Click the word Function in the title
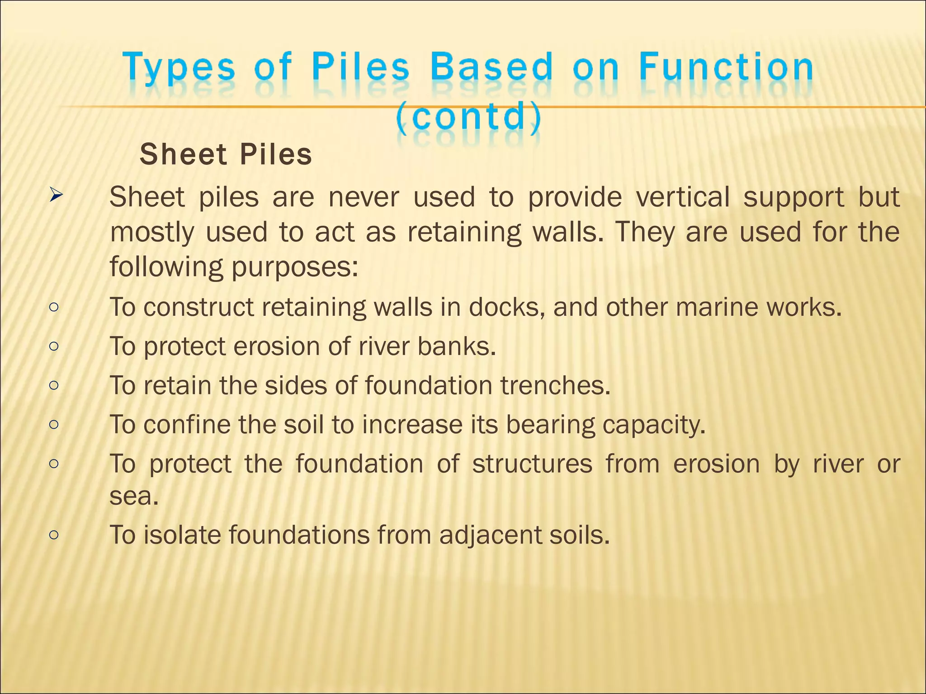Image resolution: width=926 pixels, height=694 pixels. (726, 67)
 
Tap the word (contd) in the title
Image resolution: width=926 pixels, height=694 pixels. (468, 116)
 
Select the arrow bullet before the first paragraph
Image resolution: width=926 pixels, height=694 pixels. (56, 196)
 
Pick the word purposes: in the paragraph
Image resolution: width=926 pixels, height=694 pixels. (295, 267)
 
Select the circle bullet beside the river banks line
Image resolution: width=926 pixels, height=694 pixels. (54, 347)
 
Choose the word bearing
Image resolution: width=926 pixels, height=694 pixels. (550, 425)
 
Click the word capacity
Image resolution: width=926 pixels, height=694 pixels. (654, 425)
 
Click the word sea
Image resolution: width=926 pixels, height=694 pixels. (134, 496)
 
